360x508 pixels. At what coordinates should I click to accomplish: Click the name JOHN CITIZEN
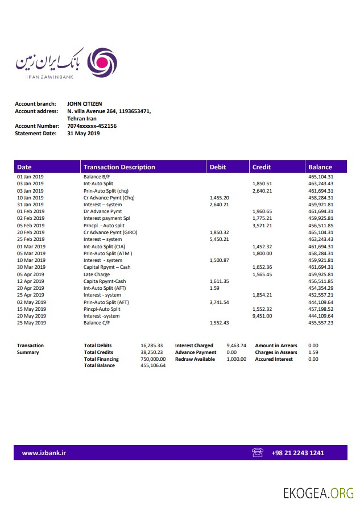(85, 104)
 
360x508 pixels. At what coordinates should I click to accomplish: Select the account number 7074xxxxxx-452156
(92, 126)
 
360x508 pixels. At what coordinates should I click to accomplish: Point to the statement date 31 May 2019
(83, 134)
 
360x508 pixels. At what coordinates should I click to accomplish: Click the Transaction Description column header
(119, 167)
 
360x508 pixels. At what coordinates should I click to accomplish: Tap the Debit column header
(218, 167)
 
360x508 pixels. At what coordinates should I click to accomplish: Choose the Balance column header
(320, 167)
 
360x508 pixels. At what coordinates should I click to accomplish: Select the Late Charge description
(97, 274)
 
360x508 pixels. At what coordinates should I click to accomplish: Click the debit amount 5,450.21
(219, 239)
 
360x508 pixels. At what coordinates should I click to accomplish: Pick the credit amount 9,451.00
(262, 316)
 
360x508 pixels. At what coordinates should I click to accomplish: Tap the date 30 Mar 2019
(31, 267)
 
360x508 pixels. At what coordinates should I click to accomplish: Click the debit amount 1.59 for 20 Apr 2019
(214, 288)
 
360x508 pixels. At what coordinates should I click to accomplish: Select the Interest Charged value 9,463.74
(236, 345)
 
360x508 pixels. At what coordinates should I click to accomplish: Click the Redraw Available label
(195, 359)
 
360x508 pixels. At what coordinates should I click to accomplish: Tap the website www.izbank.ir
(44, 453)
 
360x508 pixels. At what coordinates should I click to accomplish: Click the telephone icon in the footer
(258, 453)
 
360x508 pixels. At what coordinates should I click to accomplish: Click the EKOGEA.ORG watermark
(318, 493)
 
